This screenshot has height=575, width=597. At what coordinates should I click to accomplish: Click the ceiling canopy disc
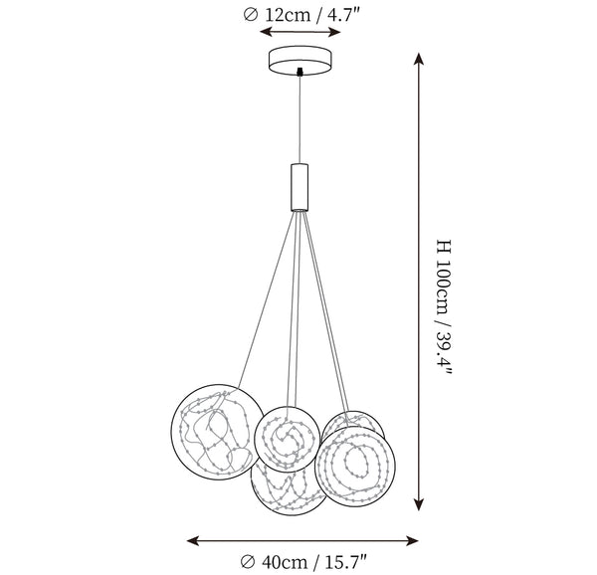point(300,61)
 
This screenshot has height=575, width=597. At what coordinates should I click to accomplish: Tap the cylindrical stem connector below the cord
point(299,187)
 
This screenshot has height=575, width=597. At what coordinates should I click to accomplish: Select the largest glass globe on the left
point(217,432)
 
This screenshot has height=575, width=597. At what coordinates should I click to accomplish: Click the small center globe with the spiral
point(288,439)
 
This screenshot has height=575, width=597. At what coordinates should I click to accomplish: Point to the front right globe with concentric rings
point(355,466)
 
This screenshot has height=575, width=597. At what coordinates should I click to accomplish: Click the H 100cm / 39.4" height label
point(443,307)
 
